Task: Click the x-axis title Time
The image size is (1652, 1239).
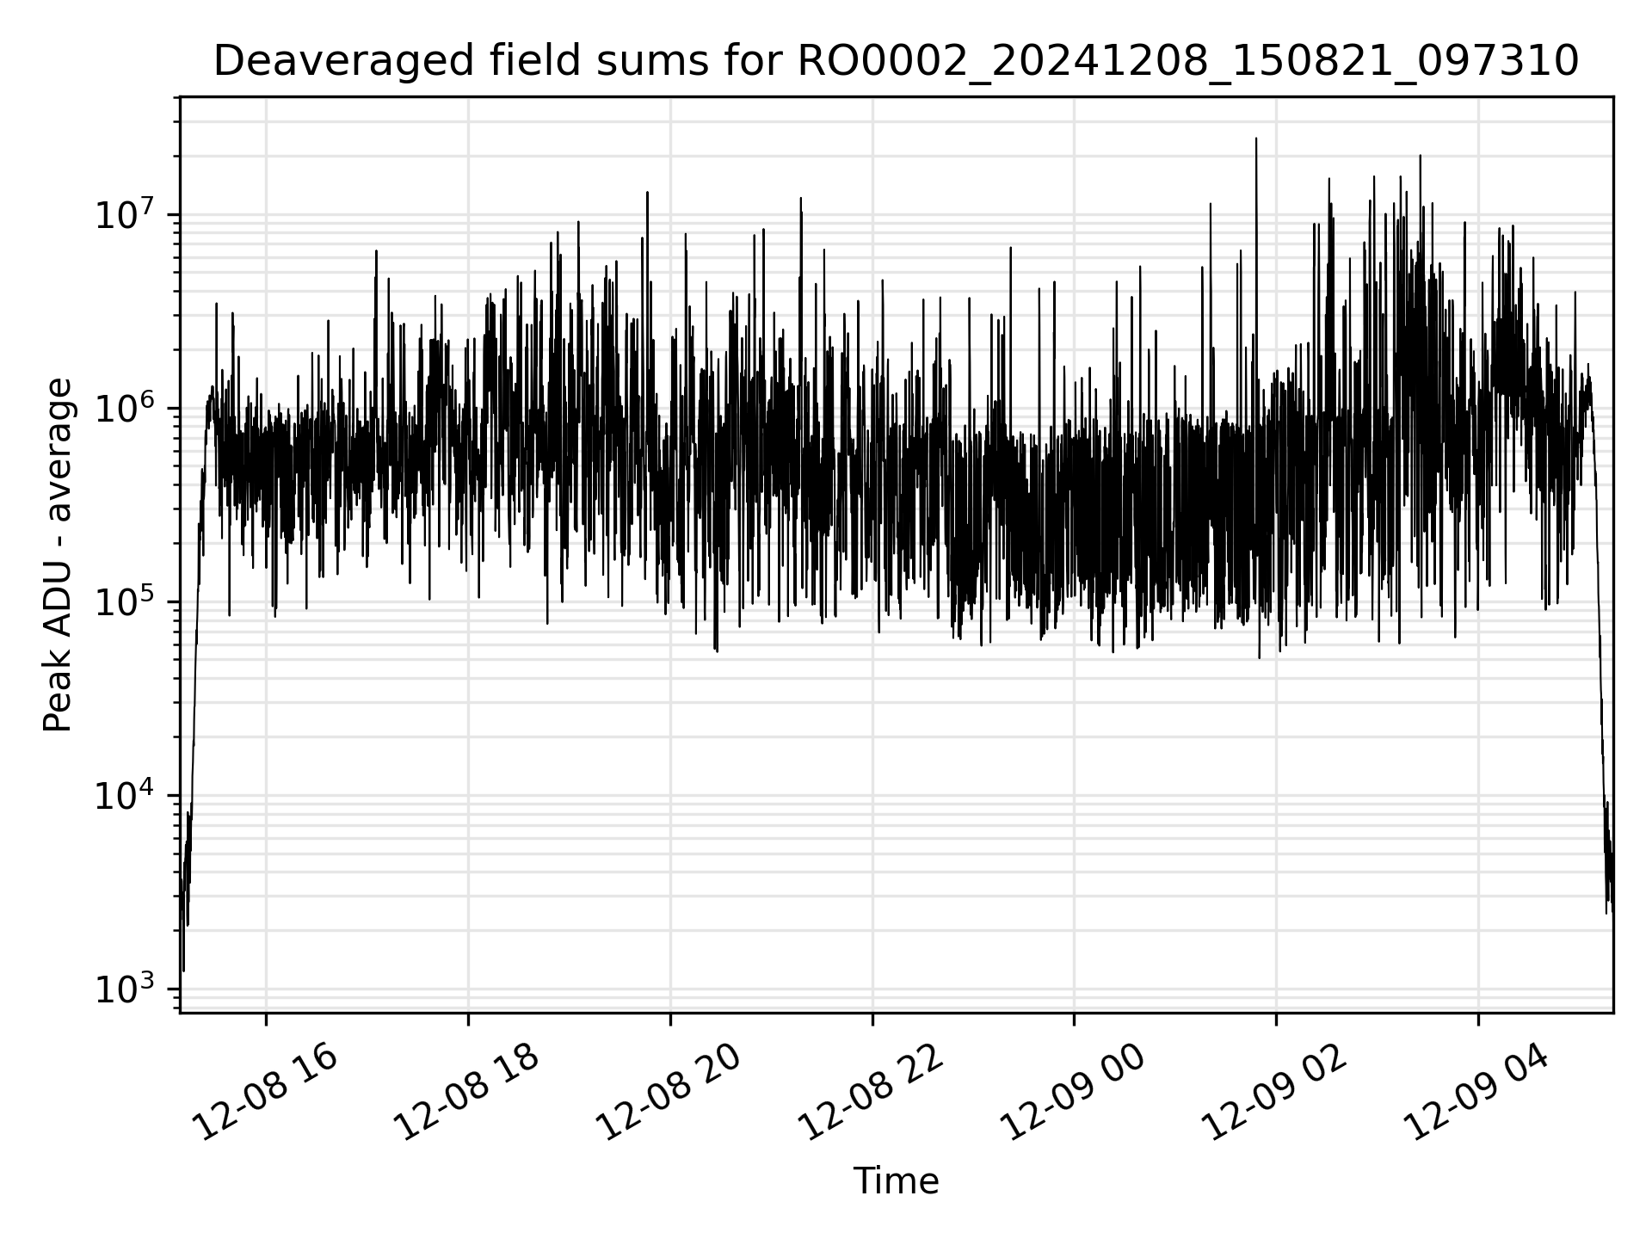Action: (x=896, y=1181)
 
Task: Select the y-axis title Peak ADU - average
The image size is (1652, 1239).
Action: (x=58, y=555)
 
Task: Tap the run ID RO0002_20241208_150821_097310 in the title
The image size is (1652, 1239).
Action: (x=1188, y=62)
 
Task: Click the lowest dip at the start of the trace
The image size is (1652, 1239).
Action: (x=183, y=970)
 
